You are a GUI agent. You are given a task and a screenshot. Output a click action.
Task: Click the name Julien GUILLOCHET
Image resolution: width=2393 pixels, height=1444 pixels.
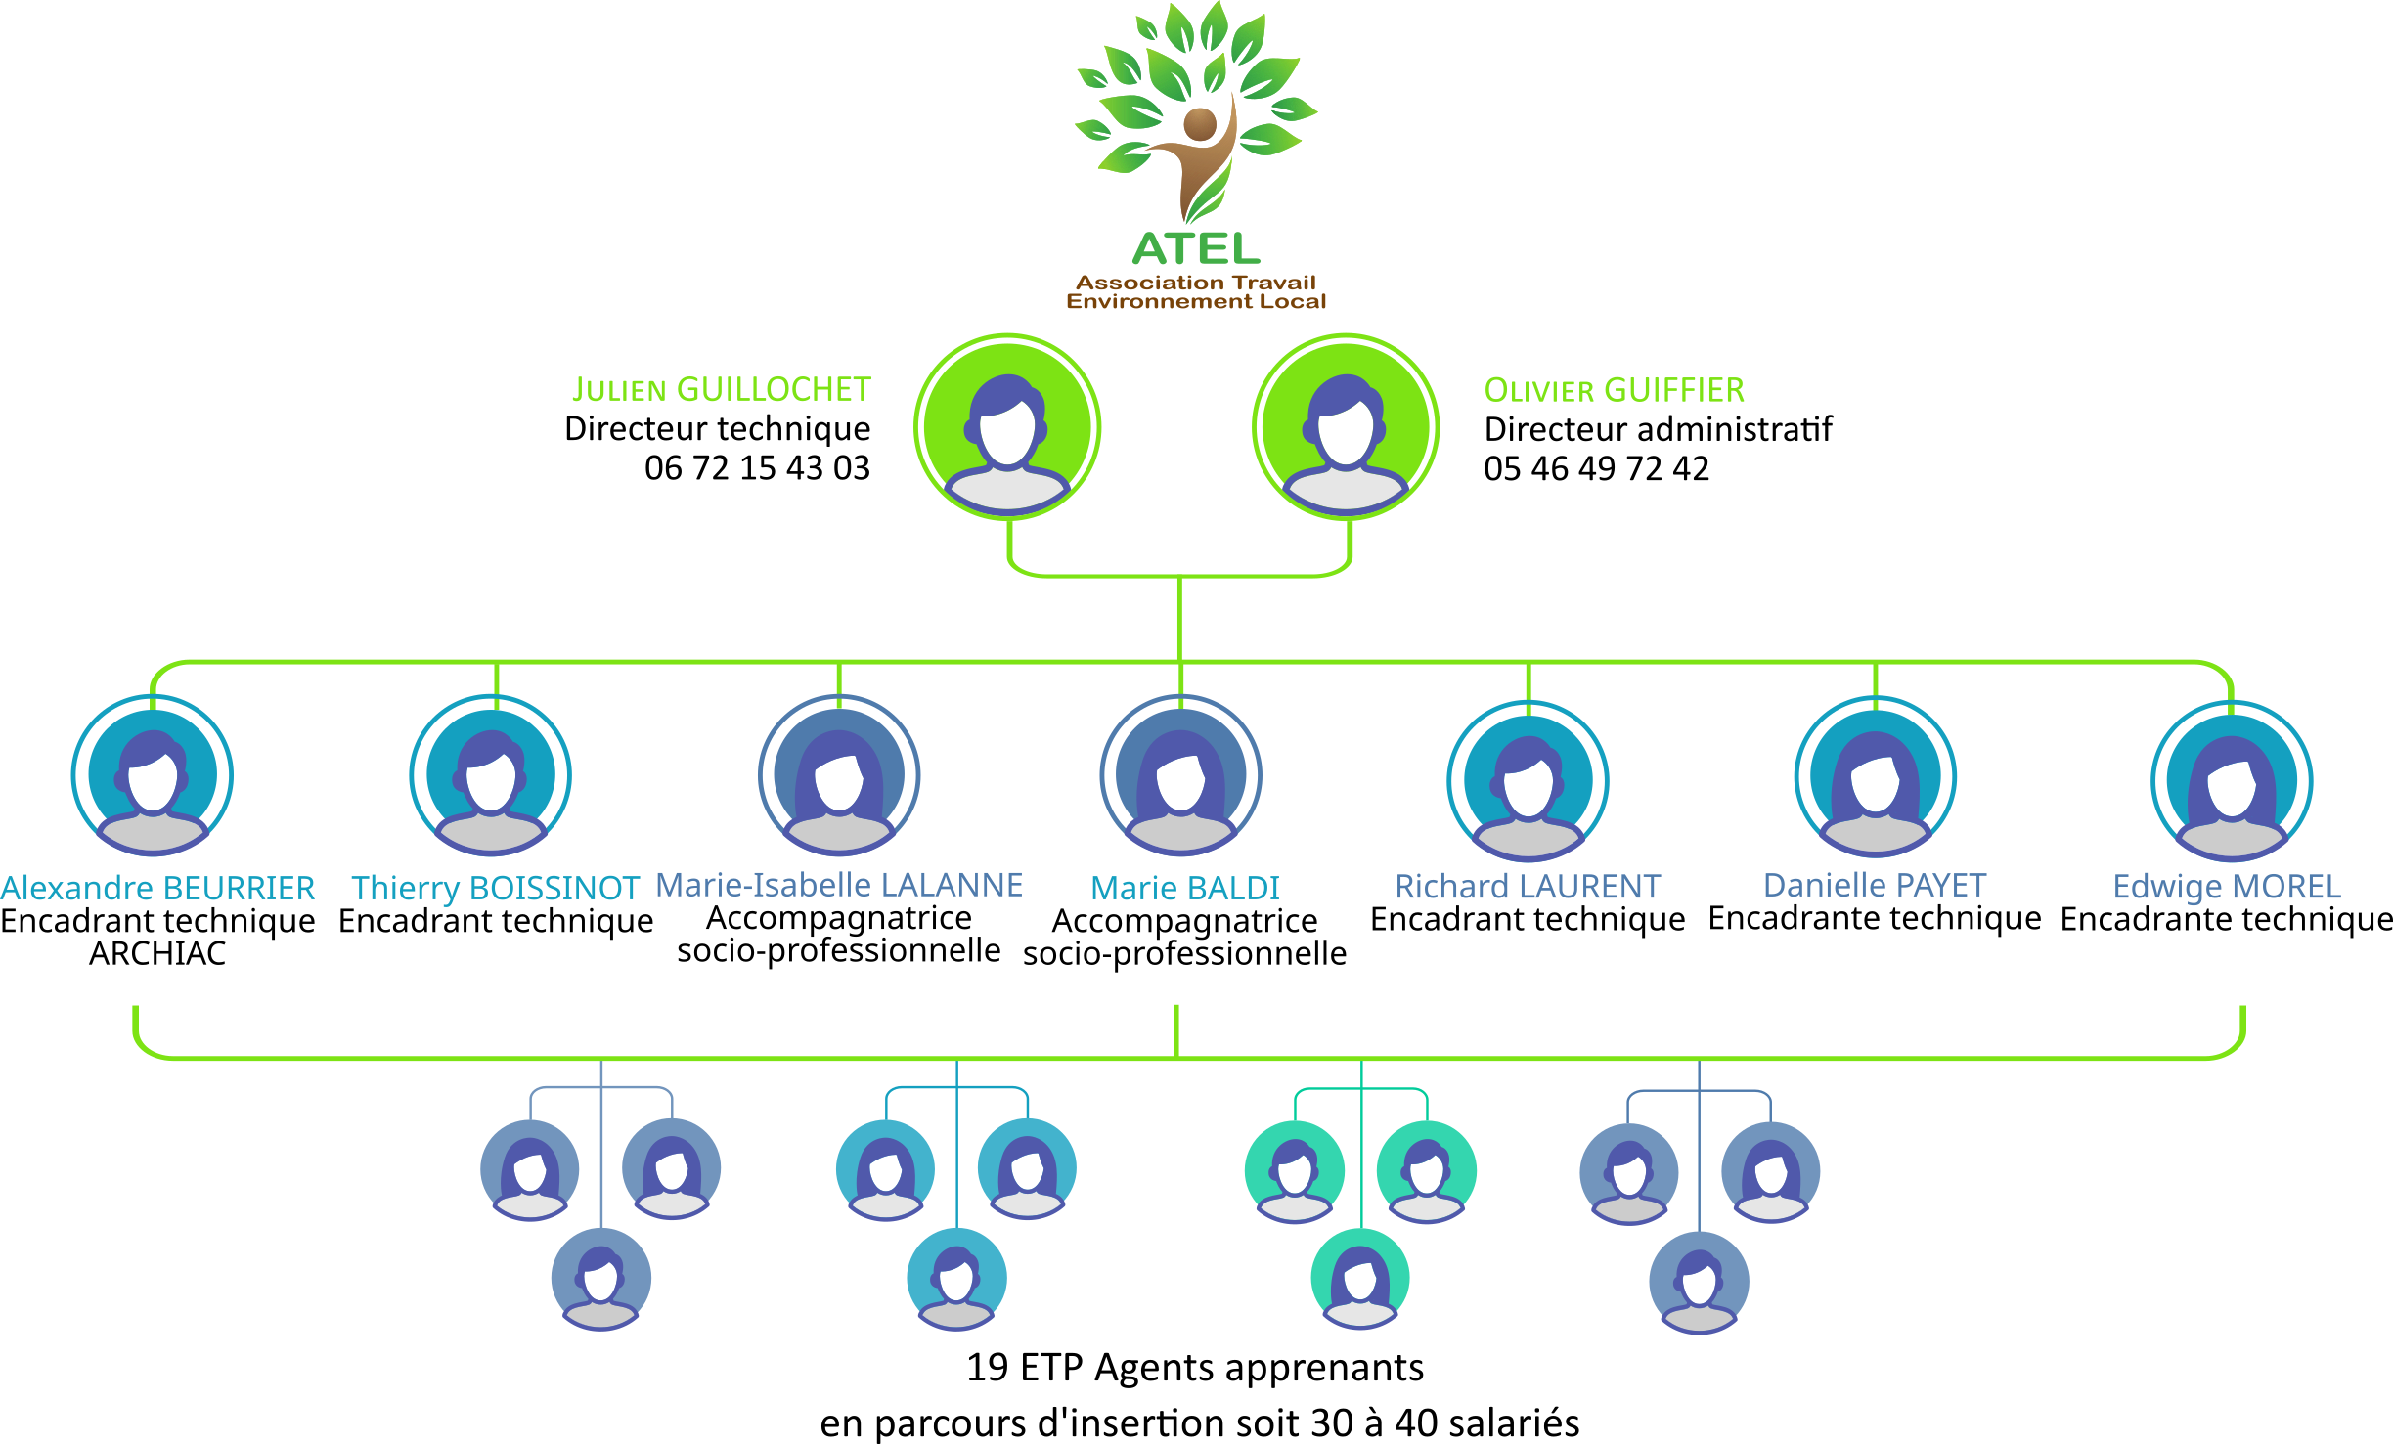[x=721, y=390]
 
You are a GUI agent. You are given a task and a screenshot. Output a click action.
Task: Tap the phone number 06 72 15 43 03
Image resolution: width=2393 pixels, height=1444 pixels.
[x=757, y=468]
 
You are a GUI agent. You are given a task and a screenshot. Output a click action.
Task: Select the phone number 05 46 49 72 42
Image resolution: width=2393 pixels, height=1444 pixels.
[x=1596, y=469]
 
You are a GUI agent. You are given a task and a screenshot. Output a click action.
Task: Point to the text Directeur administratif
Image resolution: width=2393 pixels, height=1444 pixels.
[x=1658, y=429]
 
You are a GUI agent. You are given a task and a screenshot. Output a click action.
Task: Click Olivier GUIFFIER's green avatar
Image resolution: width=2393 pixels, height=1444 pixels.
[x=1346, y=428]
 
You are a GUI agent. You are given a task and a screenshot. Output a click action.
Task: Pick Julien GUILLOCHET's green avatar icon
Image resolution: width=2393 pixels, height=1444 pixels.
[x=1007, y=428]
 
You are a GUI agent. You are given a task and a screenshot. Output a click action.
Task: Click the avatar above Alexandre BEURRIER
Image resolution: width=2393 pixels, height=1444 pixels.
[x=153, y=776]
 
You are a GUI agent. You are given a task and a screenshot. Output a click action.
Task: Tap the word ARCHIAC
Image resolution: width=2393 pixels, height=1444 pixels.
[x=157, y=954]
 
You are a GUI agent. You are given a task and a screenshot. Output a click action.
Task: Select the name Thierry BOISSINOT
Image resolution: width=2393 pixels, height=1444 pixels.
[x=495, y=888]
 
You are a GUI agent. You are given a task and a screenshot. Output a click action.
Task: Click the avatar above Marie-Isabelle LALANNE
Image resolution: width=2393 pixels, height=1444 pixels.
[x=839, y=776]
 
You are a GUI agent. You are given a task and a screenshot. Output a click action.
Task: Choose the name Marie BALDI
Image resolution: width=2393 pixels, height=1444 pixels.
[x=1184, y=888]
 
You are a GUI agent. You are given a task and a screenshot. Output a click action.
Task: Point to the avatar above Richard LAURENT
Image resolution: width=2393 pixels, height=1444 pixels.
[x=1528, y=781]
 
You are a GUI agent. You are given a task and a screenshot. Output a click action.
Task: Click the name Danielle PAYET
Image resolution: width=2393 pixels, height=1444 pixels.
[x=1874, y=886]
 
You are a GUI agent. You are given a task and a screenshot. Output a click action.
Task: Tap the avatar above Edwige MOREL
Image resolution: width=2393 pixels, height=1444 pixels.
[x=2232, y=781]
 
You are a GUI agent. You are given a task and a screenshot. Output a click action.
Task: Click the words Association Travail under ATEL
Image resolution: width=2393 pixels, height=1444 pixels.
[x=1196, y=283]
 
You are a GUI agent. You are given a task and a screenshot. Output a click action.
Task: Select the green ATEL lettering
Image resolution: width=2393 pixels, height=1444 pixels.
[x=1196, y=248]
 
